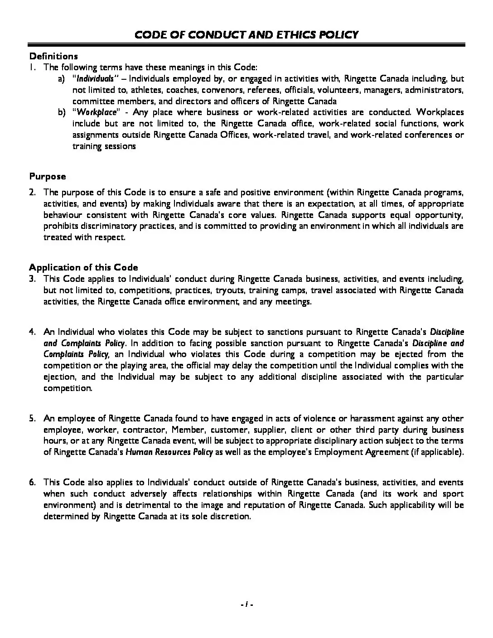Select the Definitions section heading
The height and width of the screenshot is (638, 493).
[53, 56]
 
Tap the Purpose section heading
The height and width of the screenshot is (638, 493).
[48, 176]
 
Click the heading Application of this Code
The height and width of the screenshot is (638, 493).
[83, 267]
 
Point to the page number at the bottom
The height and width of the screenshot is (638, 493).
[246, 604]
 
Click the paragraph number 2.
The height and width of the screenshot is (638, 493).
[32, 192]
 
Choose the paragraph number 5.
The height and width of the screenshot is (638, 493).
[32, 418]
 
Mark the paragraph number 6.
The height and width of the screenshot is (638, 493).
[32, 483]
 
